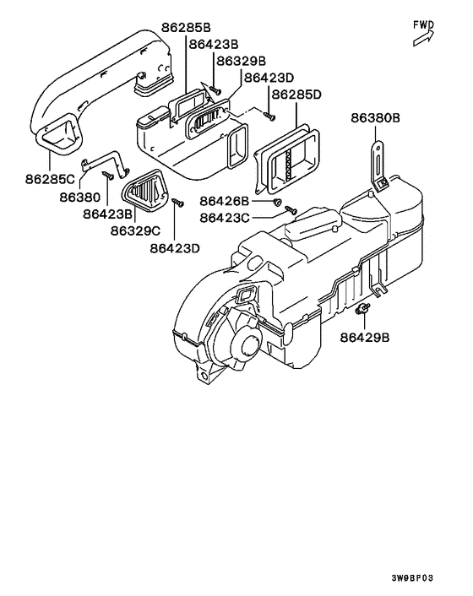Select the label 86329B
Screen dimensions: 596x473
click(x=240, y=61)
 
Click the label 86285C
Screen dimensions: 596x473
click(x=50, y=180)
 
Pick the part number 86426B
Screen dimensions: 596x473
click(x=226, y=201)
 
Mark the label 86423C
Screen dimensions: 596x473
click(x=226, y=218)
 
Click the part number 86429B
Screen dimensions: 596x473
click(x=365, y=337)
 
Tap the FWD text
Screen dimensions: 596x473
click(x=423, y=24)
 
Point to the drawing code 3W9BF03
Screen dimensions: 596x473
click(x=411, y=578)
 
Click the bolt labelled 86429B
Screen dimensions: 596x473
click(x=363, y=310)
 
